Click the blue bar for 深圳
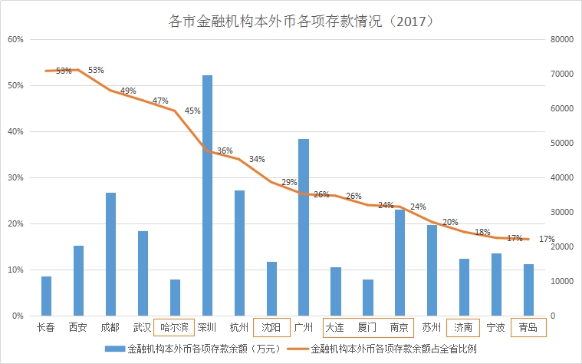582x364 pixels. point(207,196)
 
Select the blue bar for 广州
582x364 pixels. point(304,227)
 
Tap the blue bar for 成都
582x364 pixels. point(110,254)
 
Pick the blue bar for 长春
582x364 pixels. point(46,296)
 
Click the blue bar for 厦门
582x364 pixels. point(368,297)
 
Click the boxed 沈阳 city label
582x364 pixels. point(271,327)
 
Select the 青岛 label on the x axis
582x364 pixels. point(529,327)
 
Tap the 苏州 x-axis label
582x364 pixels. point(432,327)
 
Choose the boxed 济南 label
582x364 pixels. point(465,327)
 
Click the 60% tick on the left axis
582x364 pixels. point(16,39)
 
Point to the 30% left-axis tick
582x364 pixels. point(16,177)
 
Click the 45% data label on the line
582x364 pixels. point(192,111)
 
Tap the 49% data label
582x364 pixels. point(128,91)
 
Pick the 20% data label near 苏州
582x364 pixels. point(450,222)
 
